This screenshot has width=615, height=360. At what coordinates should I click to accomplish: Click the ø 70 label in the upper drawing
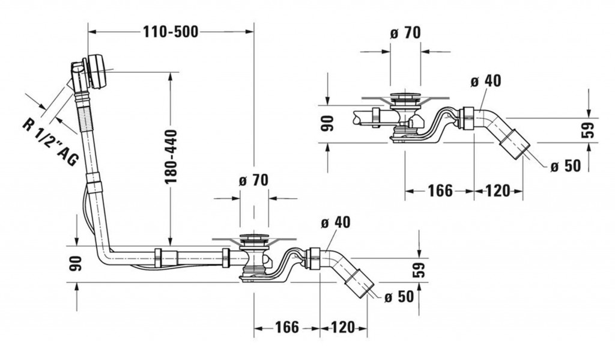(x=405, y=34)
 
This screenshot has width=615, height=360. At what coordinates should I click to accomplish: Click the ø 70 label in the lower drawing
(x=253, y=180)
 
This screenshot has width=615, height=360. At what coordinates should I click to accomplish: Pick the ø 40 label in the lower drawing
(x=335, y=222)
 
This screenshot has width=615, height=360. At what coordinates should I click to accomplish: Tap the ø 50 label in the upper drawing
(x=565, y=165)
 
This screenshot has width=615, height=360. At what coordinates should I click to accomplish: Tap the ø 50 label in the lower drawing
(x=397, y=297)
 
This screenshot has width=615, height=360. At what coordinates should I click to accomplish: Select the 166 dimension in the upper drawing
(x=440, y=191)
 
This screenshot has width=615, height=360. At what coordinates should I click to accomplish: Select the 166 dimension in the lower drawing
(x=286, y=328)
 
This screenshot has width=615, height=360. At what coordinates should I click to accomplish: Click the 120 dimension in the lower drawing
(x=344, y=328)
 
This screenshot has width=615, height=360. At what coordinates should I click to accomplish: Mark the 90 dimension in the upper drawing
(x=327, y=124)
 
